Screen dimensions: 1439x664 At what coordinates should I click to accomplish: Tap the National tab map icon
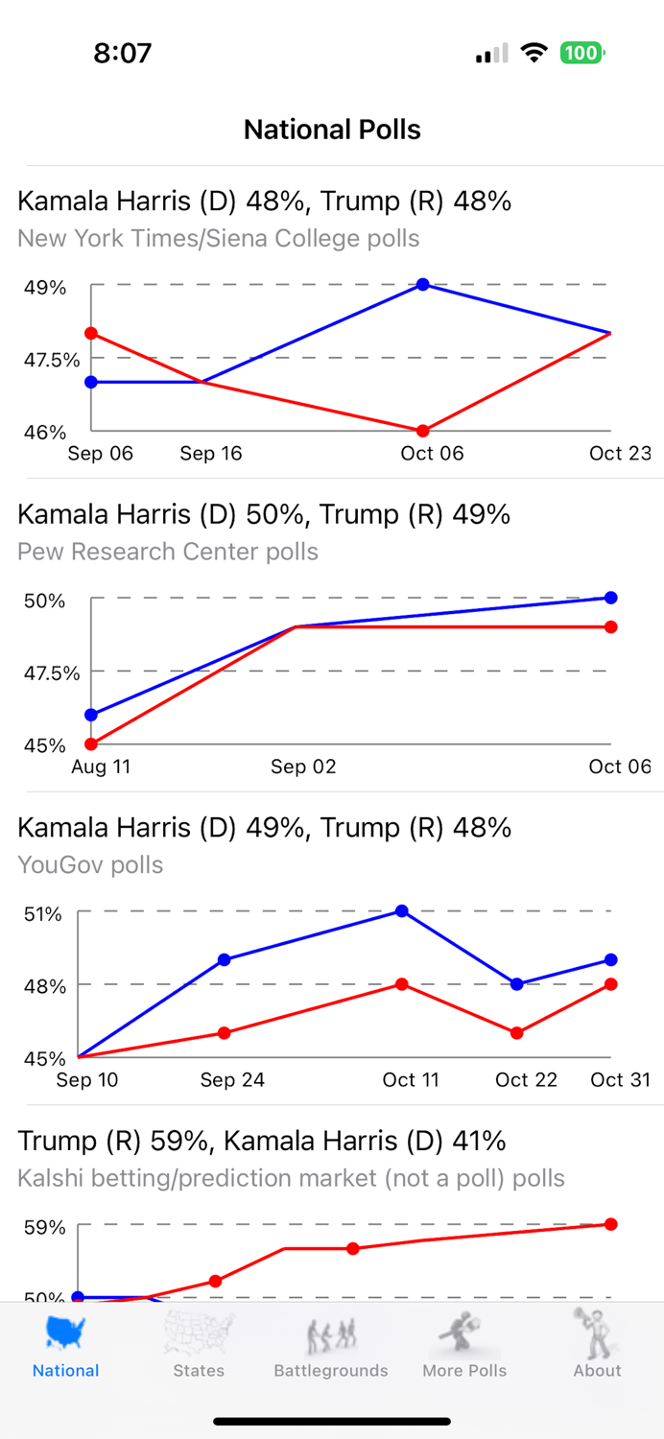click(65, 1333)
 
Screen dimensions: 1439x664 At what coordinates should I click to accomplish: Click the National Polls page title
click(332, 130)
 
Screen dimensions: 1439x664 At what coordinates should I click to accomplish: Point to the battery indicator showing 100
click(581, 53)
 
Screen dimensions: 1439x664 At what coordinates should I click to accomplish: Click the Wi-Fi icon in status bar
click(534, 54)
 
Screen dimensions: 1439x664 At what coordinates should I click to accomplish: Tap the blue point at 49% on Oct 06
click(422, 285)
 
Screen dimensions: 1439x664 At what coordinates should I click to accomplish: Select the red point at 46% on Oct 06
click(422, 431)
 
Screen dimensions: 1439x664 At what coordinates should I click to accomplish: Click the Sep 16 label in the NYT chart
click(211, 454)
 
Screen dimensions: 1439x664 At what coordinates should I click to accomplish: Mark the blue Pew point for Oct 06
click(610, 598)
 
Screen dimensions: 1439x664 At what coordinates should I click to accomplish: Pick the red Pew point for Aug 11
click(91, 743)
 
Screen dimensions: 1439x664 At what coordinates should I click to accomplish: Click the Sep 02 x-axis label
click(303, 767)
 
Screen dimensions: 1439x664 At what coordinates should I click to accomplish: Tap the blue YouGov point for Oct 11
click(402, 910)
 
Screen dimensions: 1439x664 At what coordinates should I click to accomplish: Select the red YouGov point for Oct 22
click(517, 1033)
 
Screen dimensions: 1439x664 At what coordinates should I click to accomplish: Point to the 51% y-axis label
click(43, 913)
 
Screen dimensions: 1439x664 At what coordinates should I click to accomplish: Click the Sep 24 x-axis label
click(232, 1080)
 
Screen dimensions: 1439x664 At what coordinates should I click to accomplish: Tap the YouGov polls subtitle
click(90, 864)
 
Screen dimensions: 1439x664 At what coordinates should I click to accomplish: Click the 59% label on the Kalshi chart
click(45, 1227)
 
